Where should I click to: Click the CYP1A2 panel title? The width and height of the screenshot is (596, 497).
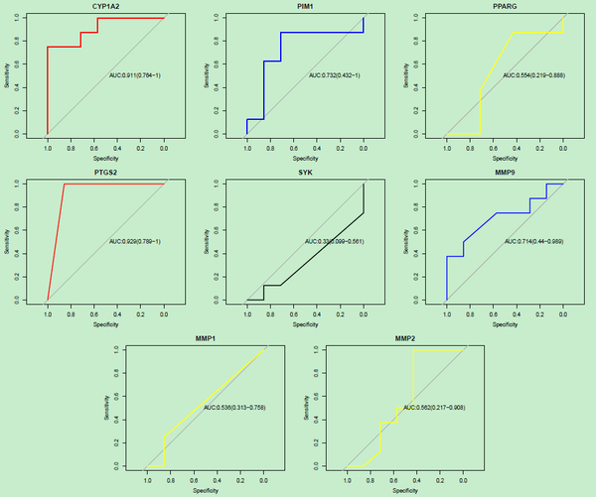click(106, 6)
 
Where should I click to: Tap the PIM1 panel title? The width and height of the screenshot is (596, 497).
click(305, 6)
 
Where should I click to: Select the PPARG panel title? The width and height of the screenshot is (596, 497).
click(504, 6)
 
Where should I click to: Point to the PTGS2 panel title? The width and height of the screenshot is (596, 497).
click(106, 172)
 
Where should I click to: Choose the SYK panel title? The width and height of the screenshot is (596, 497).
click(305, 172)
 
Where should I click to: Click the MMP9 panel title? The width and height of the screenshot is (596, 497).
click(504, 172)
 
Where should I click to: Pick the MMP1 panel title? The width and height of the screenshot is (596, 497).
click(206, 338)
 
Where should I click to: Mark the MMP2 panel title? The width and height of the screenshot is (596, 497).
click(404, 338)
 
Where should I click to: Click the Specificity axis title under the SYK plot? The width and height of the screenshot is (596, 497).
click(305, 323)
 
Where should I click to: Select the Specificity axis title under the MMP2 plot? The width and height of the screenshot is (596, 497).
click(404, 489)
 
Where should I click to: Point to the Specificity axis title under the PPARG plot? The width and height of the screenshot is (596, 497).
click(504, 157)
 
